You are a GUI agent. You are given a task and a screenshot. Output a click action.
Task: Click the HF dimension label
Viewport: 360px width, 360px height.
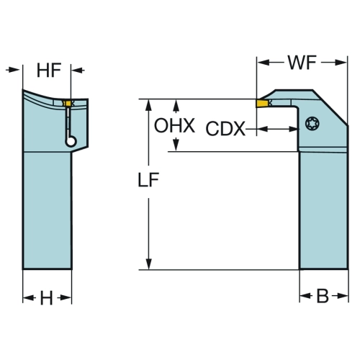point(49,71)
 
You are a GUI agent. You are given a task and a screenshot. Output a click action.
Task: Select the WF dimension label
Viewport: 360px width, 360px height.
point(302,63)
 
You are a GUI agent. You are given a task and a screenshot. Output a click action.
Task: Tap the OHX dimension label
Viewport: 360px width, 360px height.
point(174,125)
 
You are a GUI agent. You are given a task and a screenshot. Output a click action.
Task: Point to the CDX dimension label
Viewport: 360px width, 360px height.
point(225,129)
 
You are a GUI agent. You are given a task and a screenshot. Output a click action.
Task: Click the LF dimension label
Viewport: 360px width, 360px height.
point(148,180)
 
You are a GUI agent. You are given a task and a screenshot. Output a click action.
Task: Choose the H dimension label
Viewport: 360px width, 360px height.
point(46,298)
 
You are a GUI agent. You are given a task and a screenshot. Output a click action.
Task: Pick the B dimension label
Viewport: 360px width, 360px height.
point(323,296)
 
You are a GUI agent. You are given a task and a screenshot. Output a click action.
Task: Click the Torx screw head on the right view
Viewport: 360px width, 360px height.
point(311,123)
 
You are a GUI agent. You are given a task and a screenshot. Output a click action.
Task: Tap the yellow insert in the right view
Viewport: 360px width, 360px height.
point(262,103)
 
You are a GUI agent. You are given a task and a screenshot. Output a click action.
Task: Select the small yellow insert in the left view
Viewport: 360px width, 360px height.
point(68,104)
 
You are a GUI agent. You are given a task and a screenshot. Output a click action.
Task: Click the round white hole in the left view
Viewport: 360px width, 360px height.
point(71,141)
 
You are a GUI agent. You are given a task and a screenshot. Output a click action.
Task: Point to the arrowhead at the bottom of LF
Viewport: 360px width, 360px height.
point(149,264)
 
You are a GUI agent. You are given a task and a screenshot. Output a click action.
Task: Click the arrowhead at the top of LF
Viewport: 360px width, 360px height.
point(149,104)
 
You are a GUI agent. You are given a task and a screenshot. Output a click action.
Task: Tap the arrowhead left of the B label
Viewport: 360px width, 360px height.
point(305,296)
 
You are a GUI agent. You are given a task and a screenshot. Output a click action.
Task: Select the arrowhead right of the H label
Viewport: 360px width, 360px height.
point(66,298)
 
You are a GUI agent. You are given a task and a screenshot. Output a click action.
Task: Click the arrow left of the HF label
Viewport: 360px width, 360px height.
point(12,70)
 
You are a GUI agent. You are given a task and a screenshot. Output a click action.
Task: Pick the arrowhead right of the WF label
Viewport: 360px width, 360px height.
point(341,63)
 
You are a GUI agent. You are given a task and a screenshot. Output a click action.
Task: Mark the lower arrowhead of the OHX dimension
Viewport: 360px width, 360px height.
point(176,145)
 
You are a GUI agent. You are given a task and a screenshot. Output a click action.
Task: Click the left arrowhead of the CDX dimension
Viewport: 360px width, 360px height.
point(263,129)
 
